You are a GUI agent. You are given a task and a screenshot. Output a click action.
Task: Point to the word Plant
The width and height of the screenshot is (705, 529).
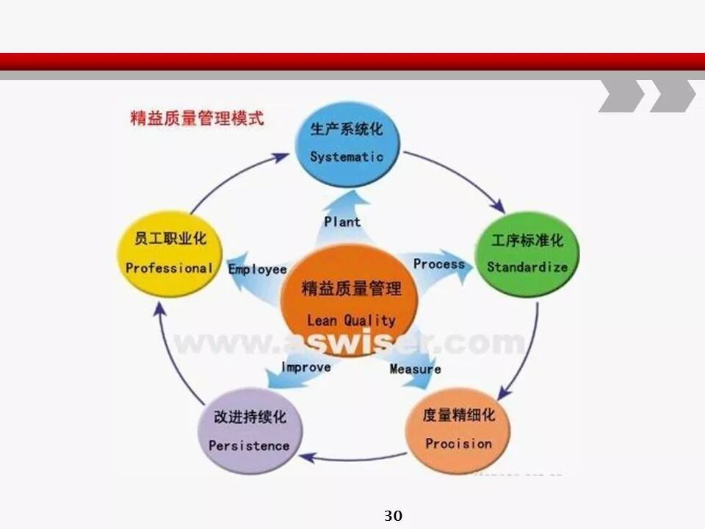pos(342,221)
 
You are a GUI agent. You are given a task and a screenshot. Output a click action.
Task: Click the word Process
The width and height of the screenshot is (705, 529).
pos(438,264)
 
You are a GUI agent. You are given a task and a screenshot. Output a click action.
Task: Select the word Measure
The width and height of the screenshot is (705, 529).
pos(415,369)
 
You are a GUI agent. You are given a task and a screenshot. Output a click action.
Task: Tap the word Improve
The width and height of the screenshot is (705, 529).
pos(305,367)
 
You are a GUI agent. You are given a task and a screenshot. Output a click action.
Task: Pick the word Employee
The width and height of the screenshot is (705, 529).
pos(257,269)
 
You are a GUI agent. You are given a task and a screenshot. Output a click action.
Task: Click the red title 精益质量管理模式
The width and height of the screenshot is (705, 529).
pos(197,118)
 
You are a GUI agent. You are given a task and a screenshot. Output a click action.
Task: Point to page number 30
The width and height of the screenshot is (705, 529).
pos(393,516)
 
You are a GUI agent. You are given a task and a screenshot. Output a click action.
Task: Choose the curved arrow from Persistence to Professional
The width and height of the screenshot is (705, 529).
pos(170,360)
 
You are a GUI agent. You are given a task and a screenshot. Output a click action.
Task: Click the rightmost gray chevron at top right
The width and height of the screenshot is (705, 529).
pos(671,96)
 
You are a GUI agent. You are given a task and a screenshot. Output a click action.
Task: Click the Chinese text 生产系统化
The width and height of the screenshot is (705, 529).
pos(346,130)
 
